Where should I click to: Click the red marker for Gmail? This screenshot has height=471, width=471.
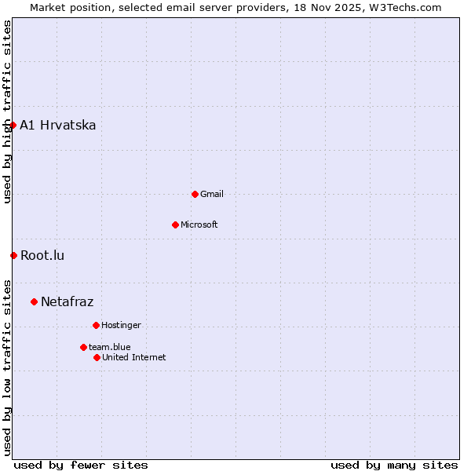(195, 194)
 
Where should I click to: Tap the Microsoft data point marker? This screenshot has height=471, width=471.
(175, 225)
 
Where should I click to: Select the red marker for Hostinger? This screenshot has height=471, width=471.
(96, 325)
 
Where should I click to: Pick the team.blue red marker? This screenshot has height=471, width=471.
(83, 347)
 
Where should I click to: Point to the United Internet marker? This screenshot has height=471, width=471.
(97, 357)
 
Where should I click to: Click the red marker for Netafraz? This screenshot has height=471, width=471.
(34, 301)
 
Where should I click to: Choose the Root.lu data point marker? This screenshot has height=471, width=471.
(13, 255)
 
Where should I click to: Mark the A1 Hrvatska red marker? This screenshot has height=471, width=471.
(13, 125)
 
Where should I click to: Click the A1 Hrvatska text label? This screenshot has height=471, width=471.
(58, 125)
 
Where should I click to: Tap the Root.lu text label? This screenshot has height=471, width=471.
(42, 255)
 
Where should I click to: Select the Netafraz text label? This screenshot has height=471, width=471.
(67, 301)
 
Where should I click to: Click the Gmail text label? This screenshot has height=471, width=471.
(212, 194)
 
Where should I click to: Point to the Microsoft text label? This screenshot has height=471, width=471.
(199, 225)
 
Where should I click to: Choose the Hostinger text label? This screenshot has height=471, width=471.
(121, 325)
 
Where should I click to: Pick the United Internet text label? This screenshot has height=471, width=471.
(134, 357)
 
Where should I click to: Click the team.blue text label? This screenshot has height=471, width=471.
(110, 347)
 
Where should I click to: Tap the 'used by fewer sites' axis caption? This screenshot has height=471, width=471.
(81, 465)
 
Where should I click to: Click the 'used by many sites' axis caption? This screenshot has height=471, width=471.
(394, 465)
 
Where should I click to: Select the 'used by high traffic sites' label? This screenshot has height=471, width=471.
(7, 111)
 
